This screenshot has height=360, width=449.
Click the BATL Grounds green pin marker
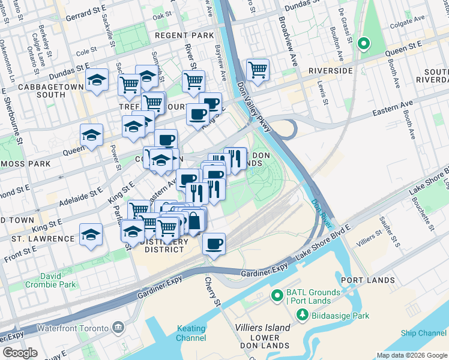277,295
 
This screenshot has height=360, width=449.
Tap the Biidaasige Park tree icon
303,314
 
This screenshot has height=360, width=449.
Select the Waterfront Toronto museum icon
118,328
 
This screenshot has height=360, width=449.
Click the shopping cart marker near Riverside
258,69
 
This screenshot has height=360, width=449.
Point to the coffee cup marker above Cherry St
214,244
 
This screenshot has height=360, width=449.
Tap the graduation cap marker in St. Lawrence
91,235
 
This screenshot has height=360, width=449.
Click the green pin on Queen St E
363,44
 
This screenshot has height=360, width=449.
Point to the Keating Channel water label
191,333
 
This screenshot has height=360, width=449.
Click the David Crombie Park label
59,280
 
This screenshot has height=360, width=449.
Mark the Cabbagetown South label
42,91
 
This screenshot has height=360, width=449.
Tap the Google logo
20,353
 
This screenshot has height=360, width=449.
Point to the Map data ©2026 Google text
411,355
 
